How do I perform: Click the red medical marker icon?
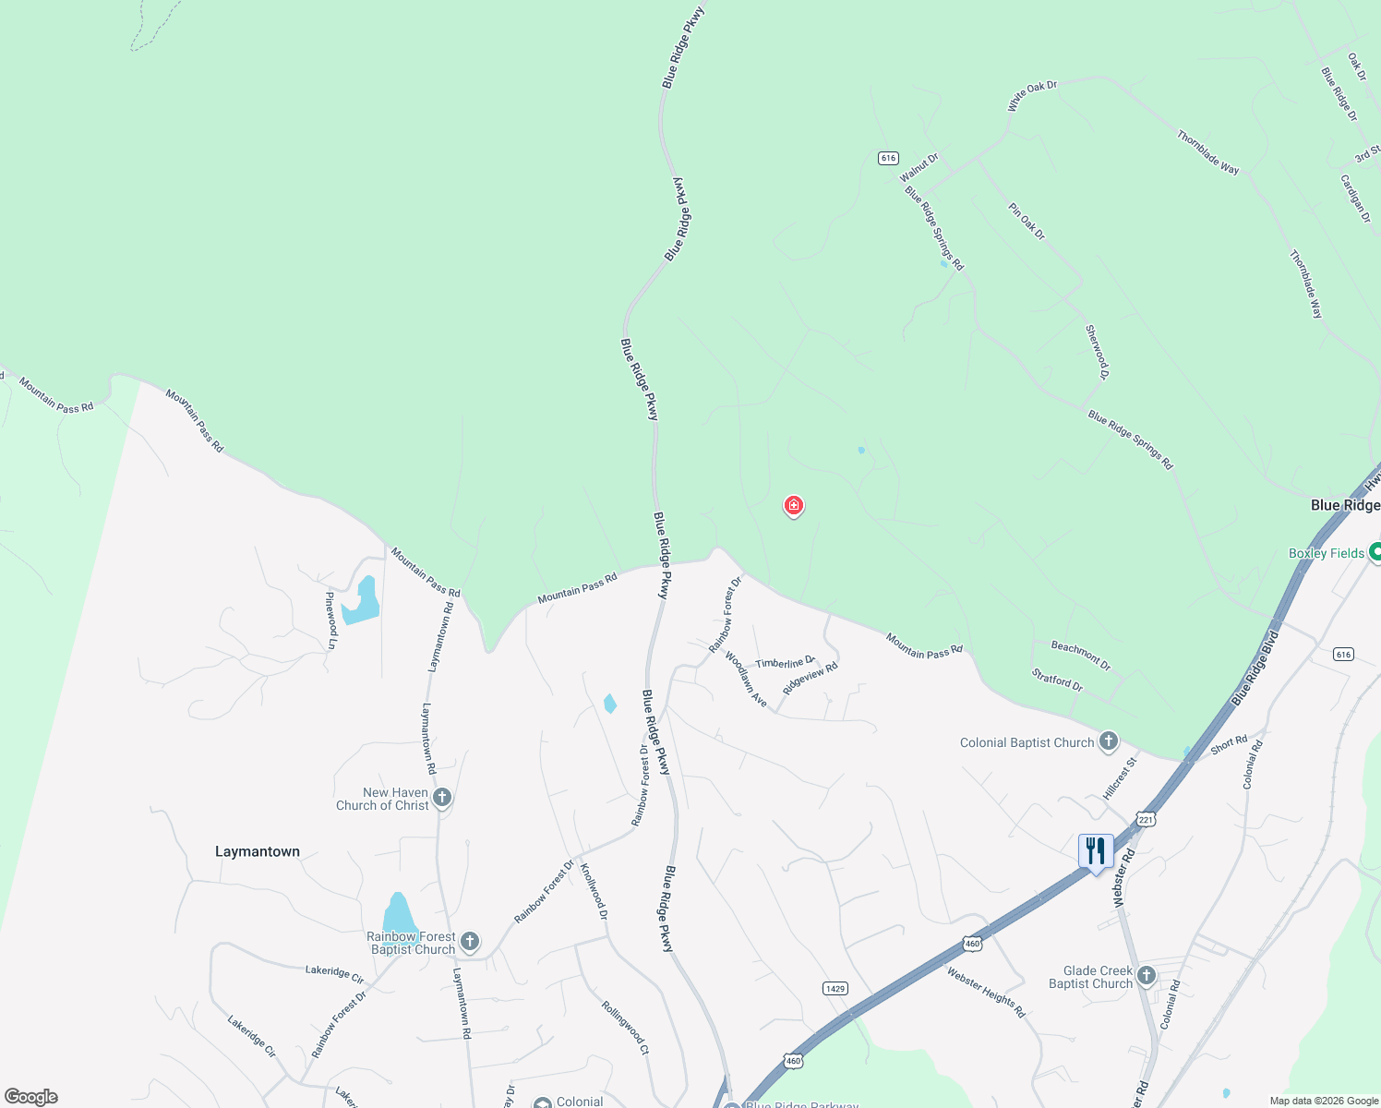point(793,505)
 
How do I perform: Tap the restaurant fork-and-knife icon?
point(1096,851)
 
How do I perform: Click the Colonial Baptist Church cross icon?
point(1109,741)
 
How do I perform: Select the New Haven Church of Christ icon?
point(442,798)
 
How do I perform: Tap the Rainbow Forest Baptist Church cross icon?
point(470,942)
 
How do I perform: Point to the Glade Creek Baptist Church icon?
point(1147,976)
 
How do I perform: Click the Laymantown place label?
point(258,851)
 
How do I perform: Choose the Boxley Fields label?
point(1327,553)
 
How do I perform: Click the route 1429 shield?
point(835,988)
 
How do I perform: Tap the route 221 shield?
point(1146,819)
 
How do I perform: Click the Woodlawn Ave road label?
point(746,680)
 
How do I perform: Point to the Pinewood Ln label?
point(330,620)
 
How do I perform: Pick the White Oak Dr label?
point(1032,96)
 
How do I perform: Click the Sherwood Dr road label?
point(1097,352)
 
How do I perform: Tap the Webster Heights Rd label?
point(985,992)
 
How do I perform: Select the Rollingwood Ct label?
point(626,1028)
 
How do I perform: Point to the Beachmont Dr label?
point(1081,656)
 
